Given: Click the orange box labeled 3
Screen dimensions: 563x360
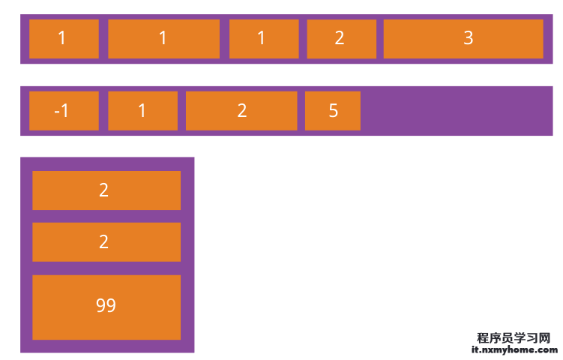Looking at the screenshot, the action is coord(463,39).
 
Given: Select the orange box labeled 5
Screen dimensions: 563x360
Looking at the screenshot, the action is coord(333,111).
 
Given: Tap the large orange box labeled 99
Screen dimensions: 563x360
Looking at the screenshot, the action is coord(106,307).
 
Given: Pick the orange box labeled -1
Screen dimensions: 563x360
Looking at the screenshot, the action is coord(64,111).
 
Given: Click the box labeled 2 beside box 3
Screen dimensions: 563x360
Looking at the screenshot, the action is coord(341,39).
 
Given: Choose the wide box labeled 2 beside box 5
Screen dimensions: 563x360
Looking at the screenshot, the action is coord(241,111).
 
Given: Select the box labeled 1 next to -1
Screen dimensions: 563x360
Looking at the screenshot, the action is coord(142,111).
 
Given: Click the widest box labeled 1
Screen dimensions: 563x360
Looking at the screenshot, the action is coord(163,39).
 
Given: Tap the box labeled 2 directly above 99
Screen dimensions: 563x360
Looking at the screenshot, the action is coord(106,241).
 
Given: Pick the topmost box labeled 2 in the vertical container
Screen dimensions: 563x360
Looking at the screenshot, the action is coord(106,190).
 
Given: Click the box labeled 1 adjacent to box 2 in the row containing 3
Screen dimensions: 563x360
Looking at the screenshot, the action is coord(264,39).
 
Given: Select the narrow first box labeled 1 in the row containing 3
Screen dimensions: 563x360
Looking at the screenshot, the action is coord(64,39).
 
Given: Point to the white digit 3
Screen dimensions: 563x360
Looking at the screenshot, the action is coord(469,37).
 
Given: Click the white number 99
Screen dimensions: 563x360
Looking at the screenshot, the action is coord(106,305).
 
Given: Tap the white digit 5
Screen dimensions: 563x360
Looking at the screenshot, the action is coord(333,110).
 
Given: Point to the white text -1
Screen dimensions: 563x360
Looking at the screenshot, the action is coord(61,110).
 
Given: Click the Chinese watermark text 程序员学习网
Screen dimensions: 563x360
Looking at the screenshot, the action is coord(514,337).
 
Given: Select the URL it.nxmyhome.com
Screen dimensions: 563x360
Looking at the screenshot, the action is coord(514,349).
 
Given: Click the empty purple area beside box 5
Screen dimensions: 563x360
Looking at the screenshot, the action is coord(456,111).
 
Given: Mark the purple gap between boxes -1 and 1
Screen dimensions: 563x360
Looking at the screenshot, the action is coord(103,111).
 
